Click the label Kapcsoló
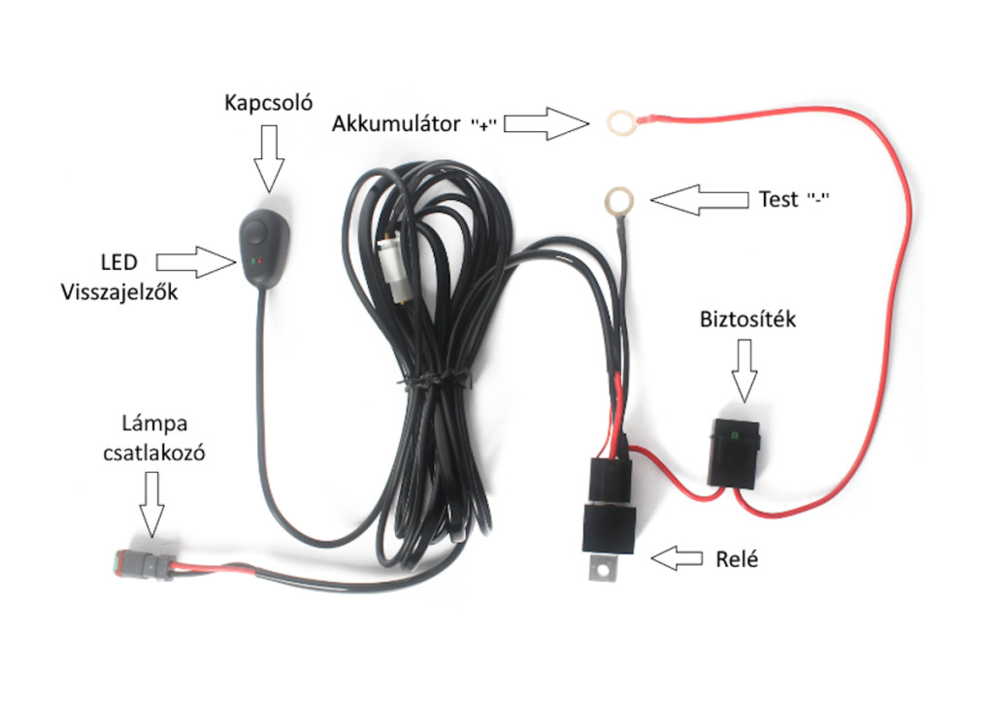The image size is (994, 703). click(268, 102)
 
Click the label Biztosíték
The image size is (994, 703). click(747, 319)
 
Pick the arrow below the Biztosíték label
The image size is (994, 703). click(744, 370)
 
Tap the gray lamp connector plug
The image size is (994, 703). click(135, 564)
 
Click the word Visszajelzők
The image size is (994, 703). click(117, 290)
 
